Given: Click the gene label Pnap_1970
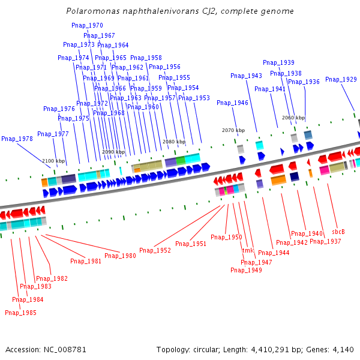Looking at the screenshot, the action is click(x=87, y=25).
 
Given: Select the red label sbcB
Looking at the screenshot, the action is click(x=338, y=232).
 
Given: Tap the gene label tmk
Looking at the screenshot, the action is click(x=248, y=250).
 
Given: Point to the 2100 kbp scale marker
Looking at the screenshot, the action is click(x=53, y=161).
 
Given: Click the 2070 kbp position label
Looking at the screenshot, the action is click(x=233, y=130).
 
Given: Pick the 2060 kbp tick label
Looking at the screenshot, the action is click(x=293, y=118).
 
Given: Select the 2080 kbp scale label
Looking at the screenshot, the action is click(x=174, y=142).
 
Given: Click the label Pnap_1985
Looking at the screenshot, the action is click(x=20, y=313).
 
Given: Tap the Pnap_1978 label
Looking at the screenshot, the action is click(x=17, y=139).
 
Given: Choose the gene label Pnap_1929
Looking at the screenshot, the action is click(x=341, y=79).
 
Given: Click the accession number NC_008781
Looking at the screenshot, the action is click(x=65, y=350).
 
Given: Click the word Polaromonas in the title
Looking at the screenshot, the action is click(x=93, y=11).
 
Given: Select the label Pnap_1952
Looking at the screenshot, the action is click(x=155, y=250).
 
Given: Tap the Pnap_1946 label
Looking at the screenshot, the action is click(x=232, y=103).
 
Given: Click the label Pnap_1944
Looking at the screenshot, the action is click(x=274, y=253).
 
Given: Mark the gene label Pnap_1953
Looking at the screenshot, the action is click(x=194, y=98).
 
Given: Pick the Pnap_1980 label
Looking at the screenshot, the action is click(x=120, y=256).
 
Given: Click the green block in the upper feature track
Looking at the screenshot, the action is click(x=181, y=160).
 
